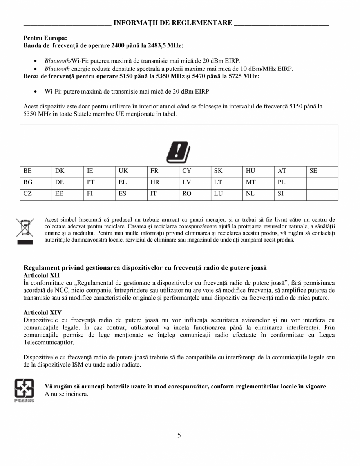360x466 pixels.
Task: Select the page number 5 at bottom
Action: coord(179,435)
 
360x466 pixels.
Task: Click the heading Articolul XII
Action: coord(41,275)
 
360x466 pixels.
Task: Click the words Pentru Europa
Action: coord(45,38)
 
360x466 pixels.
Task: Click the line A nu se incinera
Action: coord(67,394)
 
